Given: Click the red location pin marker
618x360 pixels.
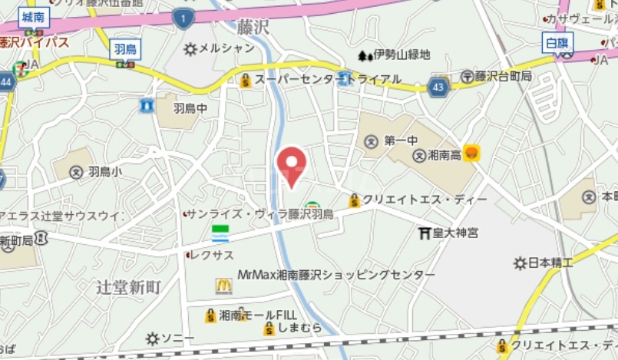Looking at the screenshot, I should pos(291,164).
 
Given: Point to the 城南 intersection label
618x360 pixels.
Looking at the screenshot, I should pos(32,17).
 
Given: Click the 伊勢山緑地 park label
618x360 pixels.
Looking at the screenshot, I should pos(400,55).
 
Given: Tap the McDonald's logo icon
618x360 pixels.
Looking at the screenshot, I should pos(223,286).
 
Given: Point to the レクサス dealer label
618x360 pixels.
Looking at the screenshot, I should pos(213,254).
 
